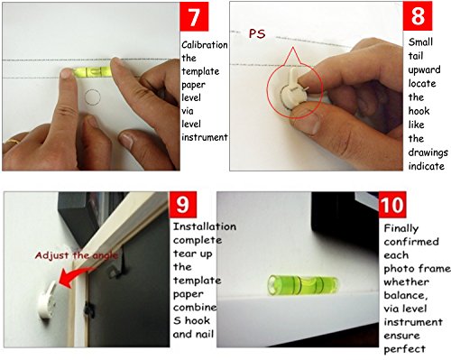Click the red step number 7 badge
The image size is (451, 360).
194,16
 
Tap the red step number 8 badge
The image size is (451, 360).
418,15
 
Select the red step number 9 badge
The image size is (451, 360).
183,205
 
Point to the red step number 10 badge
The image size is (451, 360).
392,205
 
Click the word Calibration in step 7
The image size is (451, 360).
205,45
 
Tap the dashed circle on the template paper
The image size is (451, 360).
93,97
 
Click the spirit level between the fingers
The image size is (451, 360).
91,71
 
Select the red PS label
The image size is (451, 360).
257,33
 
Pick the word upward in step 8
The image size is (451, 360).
424,69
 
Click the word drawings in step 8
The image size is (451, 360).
428,152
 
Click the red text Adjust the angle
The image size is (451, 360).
77,255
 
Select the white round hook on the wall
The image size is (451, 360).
48,300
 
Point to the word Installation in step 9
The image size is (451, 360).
205,226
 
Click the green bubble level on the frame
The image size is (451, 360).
303,284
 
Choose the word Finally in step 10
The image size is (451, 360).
401,228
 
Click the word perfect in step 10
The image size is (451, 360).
404,349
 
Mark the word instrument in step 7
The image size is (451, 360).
205,137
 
